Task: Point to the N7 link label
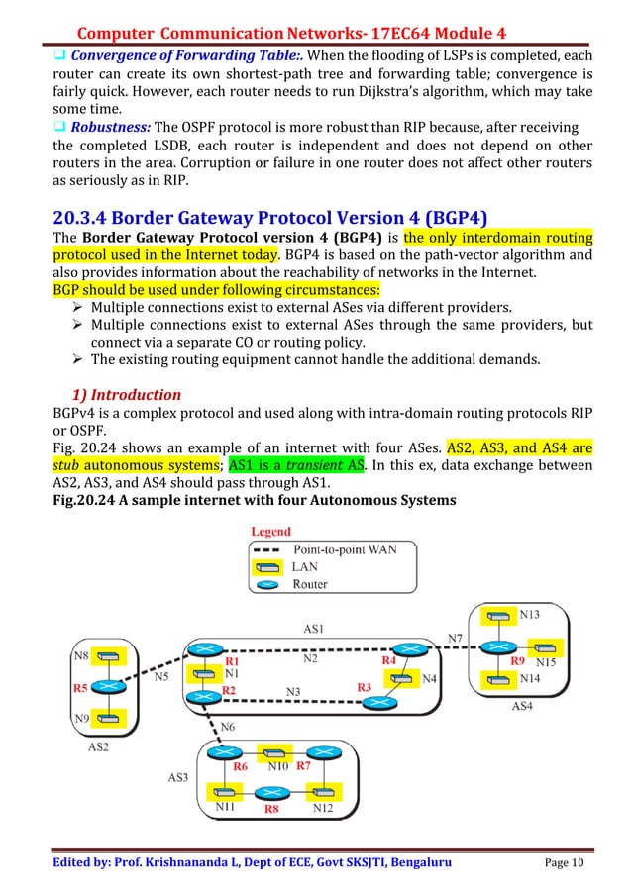click(x=455, y=636)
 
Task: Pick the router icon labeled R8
click(x=265, y=792)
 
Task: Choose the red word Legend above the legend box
click(x=270, y=532)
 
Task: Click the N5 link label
click(x=163, y=677)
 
